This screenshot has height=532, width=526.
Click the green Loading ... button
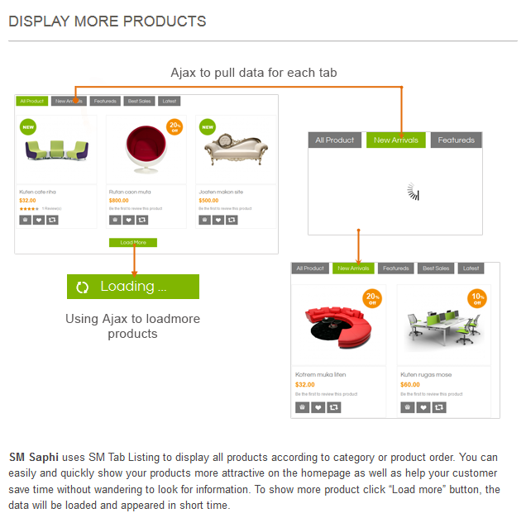coord(132,287)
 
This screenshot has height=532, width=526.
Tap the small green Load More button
coord(132,243)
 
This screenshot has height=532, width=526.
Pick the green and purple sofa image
coord(55,150)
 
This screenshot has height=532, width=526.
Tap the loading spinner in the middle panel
coord(414,192)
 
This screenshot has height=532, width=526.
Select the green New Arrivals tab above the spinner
coord(396,140)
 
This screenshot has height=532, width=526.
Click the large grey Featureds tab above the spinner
coord(456,140)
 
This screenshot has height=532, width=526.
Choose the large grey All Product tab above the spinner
coord(335,140)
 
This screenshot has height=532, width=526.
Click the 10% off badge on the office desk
coord(477,298)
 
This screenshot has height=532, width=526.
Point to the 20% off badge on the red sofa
coord(372,298)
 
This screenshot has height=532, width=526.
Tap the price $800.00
coord(119,201)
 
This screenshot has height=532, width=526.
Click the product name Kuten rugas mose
coord(426,375)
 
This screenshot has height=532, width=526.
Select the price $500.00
coord(209,201)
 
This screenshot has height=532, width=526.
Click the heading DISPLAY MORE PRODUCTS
coord(108,21)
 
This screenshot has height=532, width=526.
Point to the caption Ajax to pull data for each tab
coord(254,73)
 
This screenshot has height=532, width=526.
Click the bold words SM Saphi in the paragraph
coord(32,458)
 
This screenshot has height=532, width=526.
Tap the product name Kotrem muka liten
coord(320,375)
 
